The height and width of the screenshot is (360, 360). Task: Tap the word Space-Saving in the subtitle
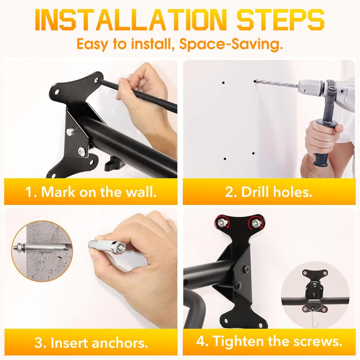pyautogui.click(x=231, y=45)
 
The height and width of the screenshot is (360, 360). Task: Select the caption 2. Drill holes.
pyautogui.click(x=269, y=192)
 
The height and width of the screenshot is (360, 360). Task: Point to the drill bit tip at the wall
pyautogui.click(x=255, y=81)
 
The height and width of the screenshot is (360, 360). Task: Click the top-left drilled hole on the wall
pyautogui.click(x=224, y=83)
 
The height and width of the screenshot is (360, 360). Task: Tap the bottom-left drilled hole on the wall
pyautogui.click(x=224, y=159)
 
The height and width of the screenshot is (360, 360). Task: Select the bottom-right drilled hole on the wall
pyautogui.click(x=253, y=154)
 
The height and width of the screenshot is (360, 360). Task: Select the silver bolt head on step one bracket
pyautogui.click(x=81, y=152)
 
